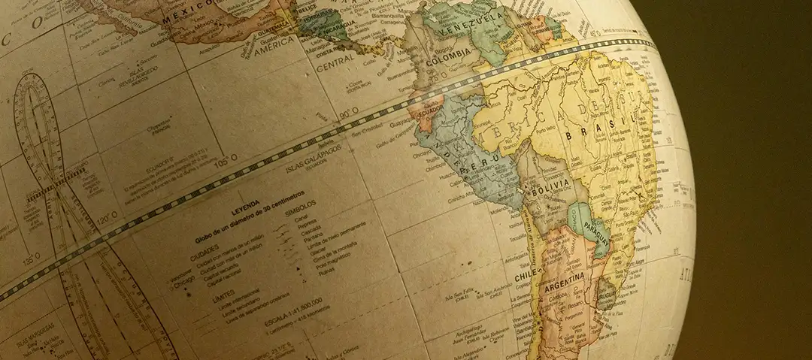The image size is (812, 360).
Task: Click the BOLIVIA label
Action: [x=550, y=192]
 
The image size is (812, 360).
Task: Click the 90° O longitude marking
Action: [x=348, y=113]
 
